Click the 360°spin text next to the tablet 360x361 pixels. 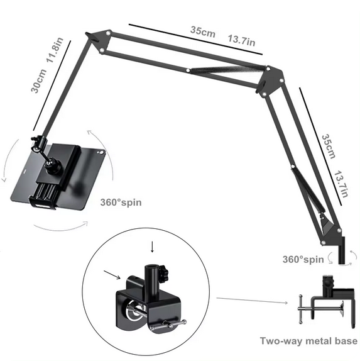[x=121, y=203]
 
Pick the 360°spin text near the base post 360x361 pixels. [x=303, y=259]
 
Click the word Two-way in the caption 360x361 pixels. [x=281, y=341]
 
